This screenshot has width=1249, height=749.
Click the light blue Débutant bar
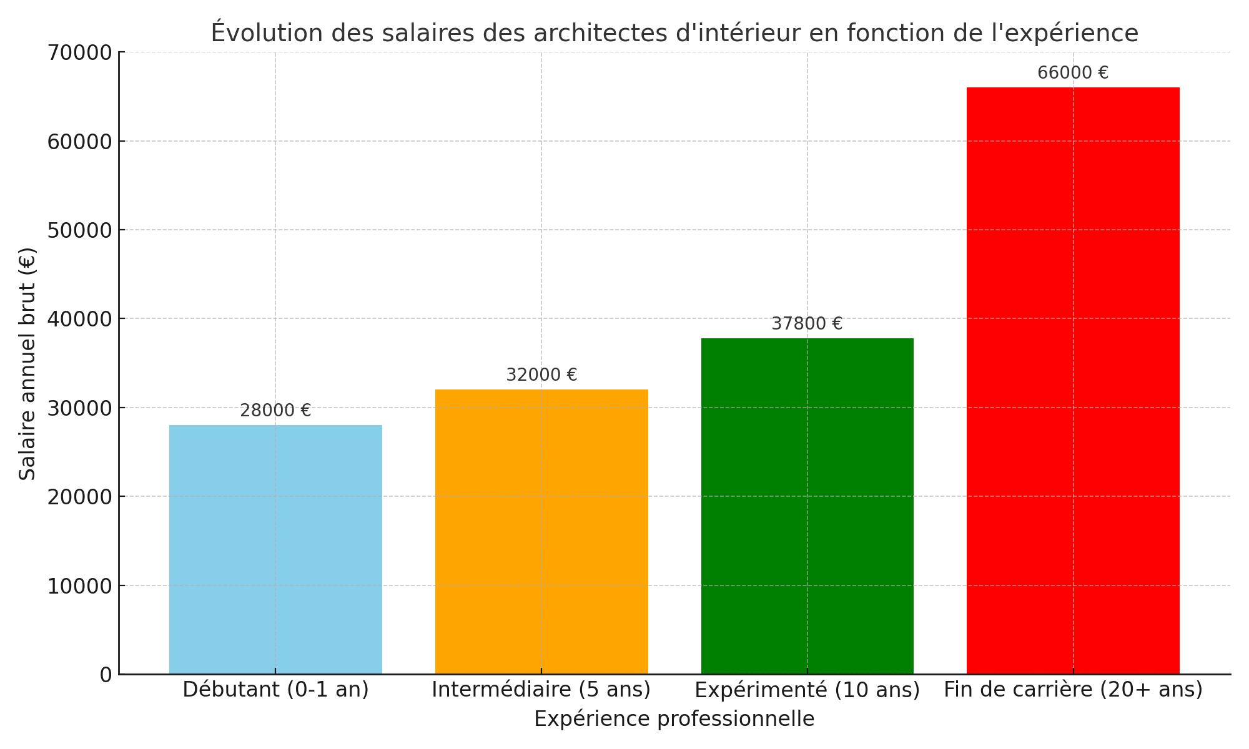click(275, 549)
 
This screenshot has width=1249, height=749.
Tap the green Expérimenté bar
click(807, 506)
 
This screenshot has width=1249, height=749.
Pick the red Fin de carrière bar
click(1073, 381)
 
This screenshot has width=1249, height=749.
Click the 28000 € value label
click(275, 411)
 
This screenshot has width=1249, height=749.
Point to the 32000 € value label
click(541, 375)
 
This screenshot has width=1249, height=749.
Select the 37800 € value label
click(807, 324)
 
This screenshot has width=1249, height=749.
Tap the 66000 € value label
click(1073, 73)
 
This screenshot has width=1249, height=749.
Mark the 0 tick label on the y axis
click(106, 675)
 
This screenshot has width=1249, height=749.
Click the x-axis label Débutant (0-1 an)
click(275, 690)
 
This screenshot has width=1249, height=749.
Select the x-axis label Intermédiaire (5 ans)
click(541, 690)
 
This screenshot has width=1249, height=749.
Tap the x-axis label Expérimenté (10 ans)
click(807, 690)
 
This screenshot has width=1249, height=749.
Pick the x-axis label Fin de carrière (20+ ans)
click(1073, 690)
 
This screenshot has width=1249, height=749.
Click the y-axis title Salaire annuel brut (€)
click(27, 363)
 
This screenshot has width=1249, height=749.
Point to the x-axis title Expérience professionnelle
click(674, 719)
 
